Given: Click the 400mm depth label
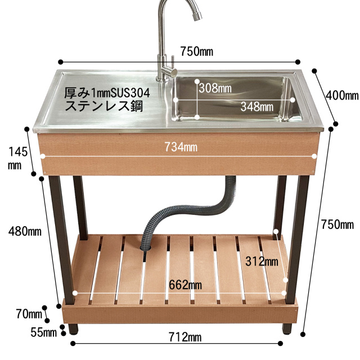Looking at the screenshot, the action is coord(342,95).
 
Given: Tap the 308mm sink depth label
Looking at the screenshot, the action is coord(215,88).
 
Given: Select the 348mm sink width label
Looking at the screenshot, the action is coord(257,106).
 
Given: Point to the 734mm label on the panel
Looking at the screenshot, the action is coord(181,147).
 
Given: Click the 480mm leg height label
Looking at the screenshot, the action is coord(25,231).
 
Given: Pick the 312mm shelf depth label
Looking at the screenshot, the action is coord(262,261).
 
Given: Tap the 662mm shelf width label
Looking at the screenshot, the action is coord(185,285).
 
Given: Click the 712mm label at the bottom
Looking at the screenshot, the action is coord(185,337).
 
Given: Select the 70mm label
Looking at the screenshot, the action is coord(29,314).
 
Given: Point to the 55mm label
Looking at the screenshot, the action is coord(44,332).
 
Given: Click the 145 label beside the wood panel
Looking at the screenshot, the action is coord(18,152).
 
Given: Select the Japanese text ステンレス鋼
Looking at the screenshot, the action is coord(104,106).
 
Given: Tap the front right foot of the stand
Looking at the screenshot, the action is coord(287,328).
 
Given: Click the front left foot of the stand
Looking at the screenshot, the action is coord(73,328).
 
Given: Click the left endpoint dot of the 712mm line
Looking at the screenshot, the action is coord(73,344).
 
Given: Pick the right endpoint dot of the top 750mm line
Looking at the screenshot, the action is coord(298,62).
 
